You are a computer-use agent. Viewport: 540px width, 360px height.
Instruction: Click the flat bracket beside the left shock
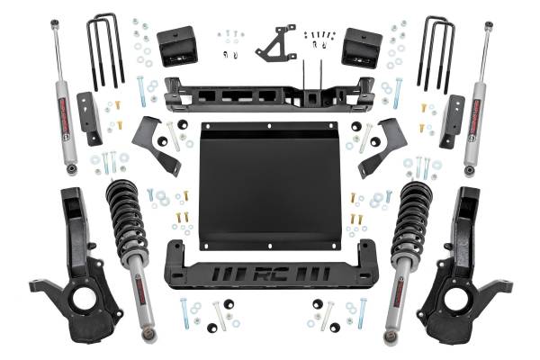[x=87, y=117]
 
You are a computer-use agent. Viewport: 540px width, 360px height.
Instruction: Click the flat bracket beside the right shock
[x=452, y=117]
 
